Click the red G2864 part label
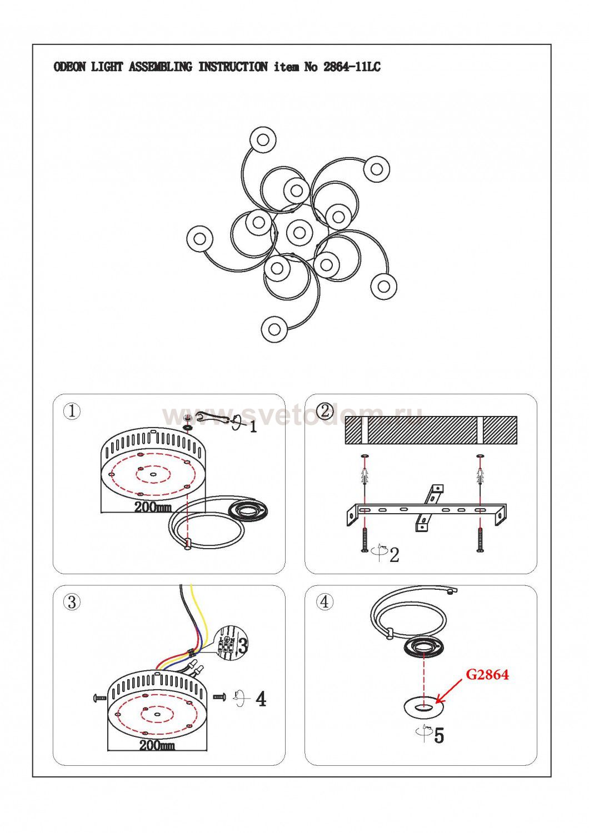point(487,675)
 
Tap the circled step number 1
point(72,412)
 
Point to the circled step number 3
point(72,602)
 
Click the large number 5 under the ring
point(439,736)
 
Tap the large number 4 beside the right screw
point(261,699)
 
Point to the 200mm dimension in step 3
point(157,745)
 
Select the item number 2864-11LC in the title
point(352,68)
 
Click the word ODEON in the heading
point(69,68)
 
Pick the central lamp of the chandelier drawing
point(300,232)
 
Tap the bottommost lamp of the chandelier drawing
point(274,329)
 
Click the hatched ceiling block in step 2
point(431,430)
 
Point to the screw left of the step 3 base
point(100,697)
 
